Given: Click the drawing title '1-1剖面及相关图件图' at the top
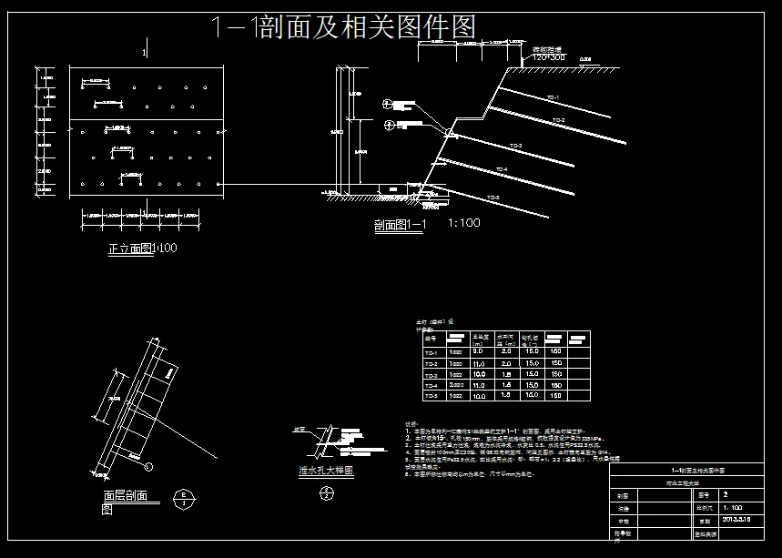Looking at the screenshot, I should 342,26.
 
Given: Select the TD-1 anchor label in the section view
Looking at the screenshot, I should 551,96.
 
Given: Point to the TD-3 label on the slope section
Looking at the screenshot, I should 515,146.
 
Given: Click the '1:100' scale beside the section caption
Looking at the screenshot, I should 464,223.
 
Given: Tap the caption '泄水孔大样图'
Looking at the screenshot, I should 325,472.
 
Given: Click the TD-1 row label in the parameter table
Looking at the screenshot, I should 432,351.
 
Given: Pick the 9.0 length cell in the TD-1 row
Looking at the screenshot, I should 478,351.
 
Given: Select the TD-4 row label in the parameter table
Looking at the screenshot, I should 432,385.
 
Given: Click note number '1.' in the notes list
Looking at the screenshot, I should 408,430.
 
